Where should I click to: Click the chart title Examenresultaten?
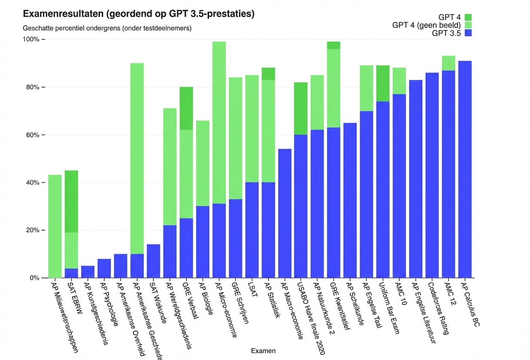[138, 14]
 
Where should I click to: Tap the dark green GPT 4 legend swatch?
[468, 17]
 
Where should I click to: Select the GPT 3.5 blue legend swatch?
[468, 33]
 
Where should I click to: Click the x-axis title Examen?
[263, 351]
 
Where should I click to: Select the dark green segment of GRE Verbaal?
[186, 108]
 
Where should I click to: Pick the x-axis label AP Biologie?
[206, 298]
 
